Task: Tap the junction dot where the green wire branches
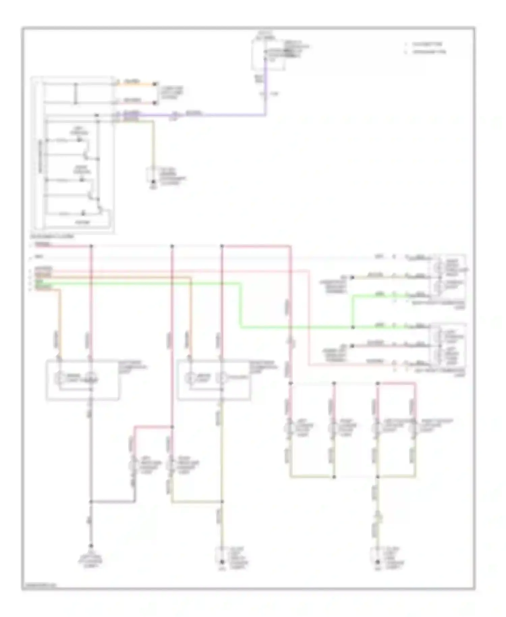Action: pyautogui.click(x=353, y=327)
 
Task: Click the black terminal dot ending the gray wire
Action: pyautogui.click(x=91, y=546)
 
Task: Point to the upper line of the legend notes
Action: pyautogui.click(x=426, y=44)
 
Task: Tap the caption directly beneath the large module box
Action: pyautogui.click(x=52, y=237)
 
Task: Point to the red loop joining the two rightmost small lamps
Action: pyautogui.click(x=397, y=383)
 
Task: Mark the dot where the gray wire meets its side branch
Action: pyautogui.click(x=91, y=502)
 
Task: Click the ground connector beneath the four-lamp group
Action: pyautogui.click(x=378, y=562)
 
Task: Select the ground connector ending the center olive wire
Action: pyautogui.click(x=222, y=562)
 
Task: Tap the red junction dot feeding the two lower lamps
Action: pyautogui.click(x=172, y=427)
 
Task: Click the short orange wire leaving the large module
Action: pyautogui.click(x=135, y=84)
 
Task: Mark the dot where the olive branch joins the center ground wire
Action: pyautogui.click(x=222, y=502)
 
